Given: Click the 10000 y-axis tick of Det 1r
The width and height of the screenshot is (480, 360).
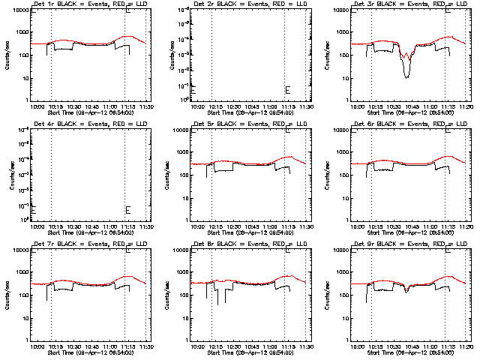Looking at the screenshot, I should pyautogui.click(x=17, y=10).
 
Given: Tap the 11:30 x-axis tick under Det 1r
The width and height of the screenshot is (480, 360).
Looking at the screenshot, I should pyautogui.click(x=146, y=106).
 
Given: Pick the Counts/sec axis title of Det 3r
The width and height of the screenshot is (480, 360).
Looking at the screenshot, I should pyautogui.click(x=331, y=55).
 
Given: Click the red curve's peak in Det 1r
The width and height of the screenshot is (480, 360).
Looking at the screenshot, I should pyautogui.click(x=128, y=36).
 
